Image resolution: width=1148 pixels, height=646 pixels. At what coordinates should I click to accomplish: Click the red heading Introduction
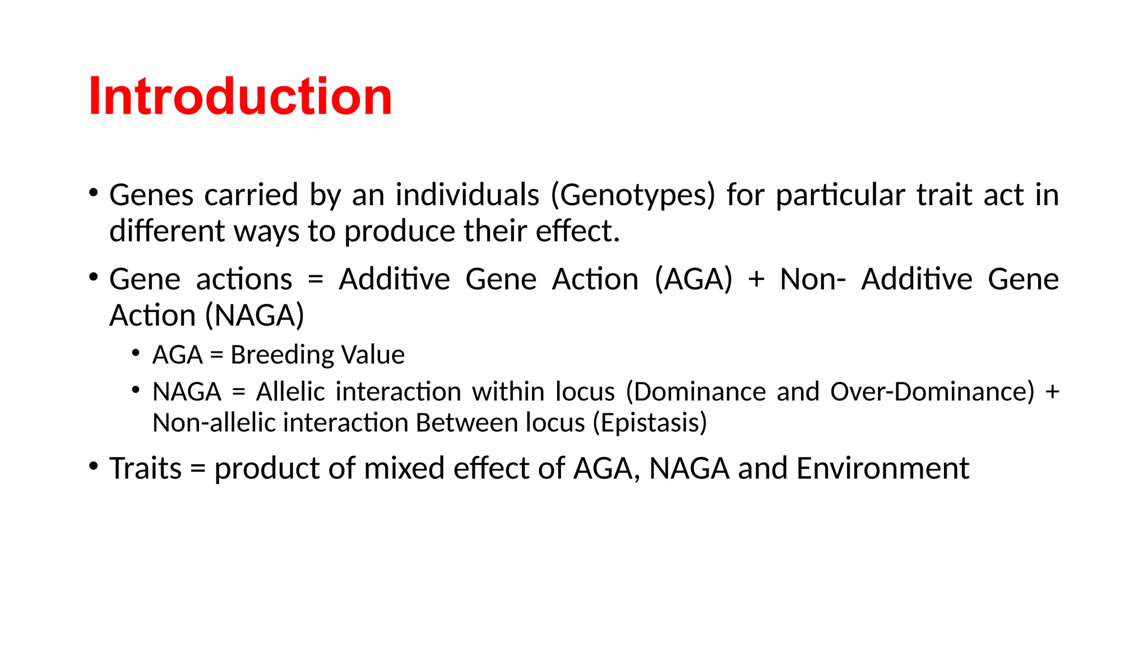click(x=240, y=96)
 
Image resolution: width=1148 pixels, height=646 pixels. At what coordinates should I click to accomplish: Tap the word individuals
click(x=467, y=195)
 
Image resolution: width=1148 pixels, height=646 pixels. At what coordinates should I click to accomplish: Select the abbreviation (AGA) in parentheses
click(x=693, y=279)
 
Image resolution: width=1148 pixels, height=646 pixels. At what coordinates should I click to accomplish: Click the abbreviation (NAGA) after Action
click(x=254, y=315)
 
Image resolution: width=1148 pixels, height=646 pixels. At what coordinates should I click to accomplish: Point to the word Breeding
click(x=282, y=355)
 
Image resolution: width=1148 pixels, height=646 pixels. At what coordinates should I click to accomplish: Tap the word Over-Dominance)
click(x=932, y=391)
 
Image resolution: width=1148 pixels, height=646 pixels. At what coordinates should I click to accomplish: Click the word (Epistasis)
click(x=650, y=423)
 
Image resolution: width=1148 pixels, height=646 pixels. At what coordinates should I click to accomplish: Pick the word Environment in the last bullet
click(x=882, y=468)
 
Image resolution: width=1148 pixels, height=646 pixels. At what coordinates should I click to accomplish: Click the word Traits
click(x=145, y=468)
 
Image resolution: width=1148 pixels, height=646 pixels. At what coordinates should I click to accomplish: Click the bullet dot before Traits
click(x=94, y=466)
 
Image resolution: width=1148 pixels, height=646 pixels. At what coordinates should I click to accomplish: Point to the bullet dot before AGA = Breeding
click(x=136, y=353)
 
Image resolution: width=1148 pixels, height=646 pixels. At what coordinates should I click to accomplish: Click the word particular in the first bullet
click(x=840, y=195)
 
